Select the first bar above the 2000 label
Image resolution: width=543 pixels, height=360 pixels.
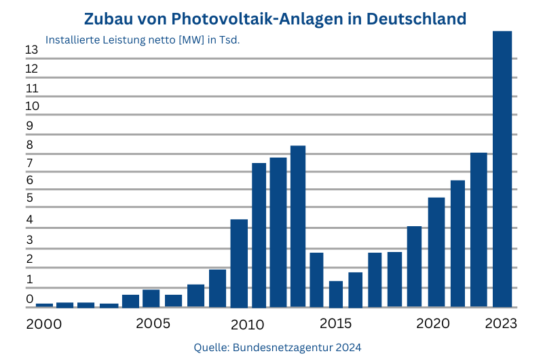(x=44, y=305)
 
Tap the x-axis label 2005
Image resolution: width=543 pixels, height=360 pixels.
(x=153, y=323)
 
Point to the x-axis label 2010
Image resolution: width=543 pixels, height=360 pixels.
(x=246, y=323)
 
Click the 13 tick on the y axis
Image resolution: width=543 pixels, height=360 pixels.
(x=31, y=50)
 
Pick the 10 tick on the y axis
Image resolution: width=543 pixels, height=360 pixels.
(x=31, y=107)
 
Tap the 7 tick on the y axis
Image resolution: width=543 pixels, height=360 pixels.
(x=29, y=164)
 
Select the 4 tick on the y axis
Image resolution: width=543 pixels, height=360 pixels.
(x=29, y=220)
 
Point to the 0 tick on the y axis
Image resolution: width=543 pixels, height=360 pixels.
(x=29, y=299)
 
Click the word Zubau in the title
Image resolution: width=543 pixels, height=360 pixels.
(x=110, y=18)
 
